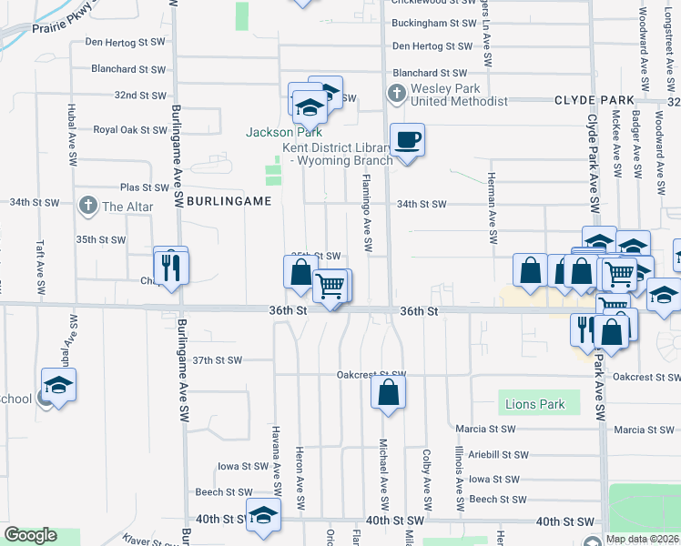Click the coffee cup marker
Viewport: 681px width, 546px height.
click(407, 141)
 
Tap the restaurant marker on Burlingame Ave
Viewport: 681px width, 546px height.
click(170, 266)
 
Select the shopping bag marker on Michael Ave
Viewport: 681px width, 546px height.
click(388, 393)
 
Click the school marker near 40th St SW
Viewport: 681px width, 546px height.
click(264, 514)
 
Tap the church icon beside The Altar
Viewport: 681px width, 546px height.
click(87, 206)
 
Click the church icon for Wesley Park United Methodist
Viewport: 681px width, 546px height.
click(397, 93)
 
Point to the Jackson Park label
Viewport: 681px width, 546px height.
click(284, 132)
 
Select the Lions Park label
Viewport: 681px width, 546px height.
click(539, 404)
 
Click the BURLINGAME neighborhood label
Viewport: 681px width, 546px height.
click(229, 200)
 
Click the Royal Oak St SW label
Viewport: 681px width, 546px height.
click(130, 130)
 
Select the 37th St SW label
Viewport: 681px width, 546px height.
click(218, 360)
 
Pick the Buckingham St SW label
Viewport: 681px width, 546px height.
click(434, 23)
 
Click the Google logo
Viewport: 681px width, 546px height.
click(30, 534)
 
